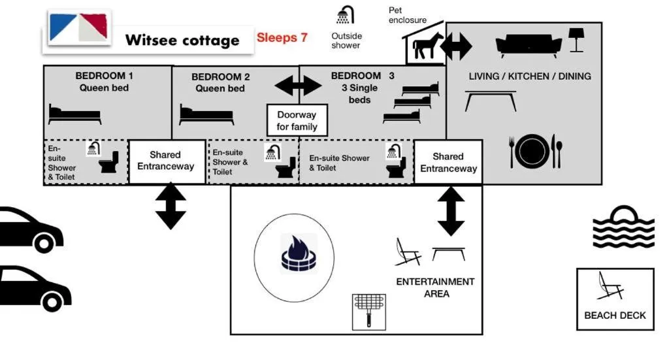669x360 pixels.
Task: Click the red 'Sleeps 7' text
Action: (x=282, y=38)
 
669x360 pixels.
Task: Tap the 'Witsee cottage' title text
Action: (x=182, y=41)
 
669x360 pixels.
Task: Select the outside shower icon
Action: (x=345, y=16)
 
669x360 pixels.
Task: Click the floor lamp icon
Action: (x=576, y=39)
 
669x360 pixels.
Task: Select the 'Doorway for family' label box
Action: (x=297, y=120)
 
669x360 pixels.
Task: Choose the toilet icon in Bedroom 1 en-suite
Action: (x=108, y=163)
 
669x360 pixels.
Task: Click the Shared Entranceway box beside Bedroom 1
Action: (x=166, y=161)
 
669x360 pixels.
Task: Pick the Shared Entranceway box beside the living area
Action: (x=448, y=161)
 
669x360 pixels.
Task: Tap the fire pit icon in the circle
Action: (x=298, y=254)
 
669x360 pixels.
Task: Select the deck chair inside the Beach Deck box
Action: (x=610, y=286)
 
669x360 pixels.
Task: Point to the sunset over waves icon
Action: (x=623, y=227)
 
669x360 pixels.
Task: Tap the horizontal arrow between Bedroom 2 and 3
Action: (x=298, y=86)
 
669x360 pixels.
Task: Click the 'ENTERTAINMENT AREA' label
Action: (x=436, y=287)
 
